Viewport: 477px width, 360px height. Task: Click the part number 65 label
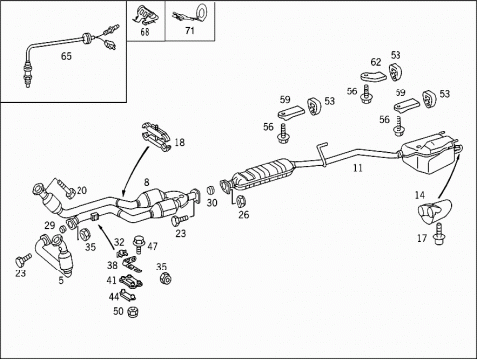pyautogui.click(x=66, y=56)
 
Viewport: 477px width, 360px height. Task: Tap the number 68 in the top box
pyautogui.click(x=145, y=32)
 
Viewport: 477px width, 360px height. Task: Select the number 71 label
pyautogui.click(x=190, y=31)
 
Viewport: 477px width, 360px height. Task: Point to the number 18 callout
pyautogui.click(x=179, y=143)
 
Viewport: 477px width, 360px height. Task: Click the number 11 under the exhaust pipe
pyautogui.click(x=358, y=168)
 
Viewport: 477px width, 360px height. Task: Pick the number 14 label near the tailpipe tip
pyautogui.click(x=420, y=195)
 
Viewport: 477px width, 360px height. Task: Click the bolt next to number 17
pyautogui.click(x=439, y=234)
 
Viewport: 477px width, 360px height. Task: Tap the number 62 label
pyautogui.click(x=376, y=62)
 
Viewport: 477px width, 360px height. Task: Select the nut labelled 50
pyautogui.click(x=133, y=311)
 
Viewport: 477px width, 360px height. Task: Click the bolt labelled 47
pyautogui.click(x=139, y=244)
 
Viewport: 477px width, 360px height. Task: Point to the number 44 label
pyautogui.click(x=114, y=297)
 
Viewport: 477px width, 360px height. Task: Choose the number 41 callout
pyautogui.click(x=111, y=280)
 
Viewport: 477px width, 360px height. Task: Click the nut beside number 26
pyautogui.click(x=241, y=201)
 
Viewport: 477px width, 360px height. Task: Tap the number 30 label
pyautogui.click(x=212, y=203)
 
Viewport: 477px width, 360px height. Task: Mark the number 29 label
pyautogui.click(x=50, y=226)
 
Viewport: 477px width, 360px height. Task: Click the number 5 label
pyautogui.click(x=61, y=280)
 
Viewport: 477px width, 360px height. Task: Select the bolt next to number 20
pyautogui.click(x=66, y=188)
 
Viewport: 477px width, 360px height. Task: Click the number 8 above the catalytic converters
pyautogui.click(x=146, y=182)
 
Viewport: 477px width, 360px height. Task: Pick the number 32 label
pyautogui.click(x=119, y=242)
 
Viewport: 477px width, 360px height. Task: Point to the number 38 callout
pyautogui.click(x=112, y=265)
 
